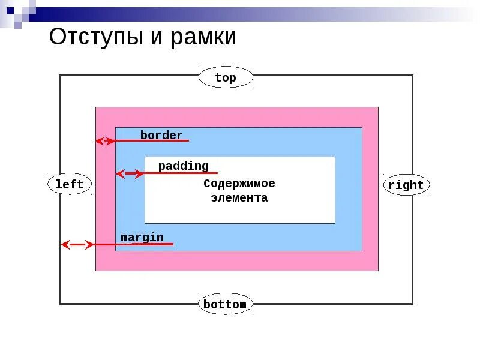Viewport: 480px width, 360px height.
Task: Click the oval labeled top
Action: tap(226, 77)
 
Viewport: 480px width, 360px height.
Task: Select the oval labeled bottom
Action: tap(225, 304)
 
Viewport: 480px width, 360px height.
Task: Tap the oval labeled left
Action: tap(70, 184)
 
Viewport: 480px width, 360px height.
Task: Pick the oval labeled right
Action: tap(406, 185)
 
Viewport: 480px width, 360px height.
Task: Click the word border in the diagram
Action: tap(161, 135)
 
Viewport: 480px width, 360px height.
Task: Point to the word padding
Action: tap(184, 166)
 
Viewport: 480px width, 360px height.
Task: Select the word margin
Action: tap(142, 237)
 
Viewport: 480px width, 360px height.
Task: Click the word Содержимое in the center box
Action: tap(239, 184)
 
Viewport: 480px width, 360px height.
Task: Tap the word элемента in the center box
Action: tap(239, 197)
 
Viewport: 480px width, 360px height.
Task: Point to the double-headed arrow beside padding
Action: tap(130, 174)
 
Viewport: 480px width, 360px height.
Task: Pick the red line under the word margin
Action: tap(150, 244)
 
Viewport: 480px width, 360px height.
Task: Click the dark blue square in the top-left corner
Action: tap(10, 10)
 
